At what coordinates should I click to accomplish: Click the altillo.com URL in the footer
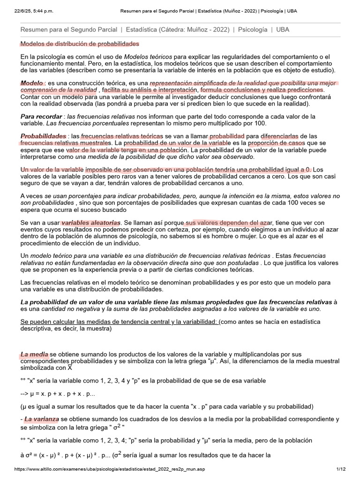click(110, 469)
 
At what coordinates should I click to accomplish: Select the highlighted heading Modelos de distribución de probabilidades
click(80, 44)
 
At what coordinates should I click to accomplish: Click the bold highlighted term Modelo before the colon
click(31, 82)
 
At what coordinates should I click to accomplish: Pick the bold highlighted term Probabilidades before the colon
click(43, 136)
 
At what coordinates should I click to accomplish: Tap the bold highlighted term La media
click(34, 355)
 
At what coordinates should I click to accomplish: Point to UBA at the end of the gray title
click(283, 30)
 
